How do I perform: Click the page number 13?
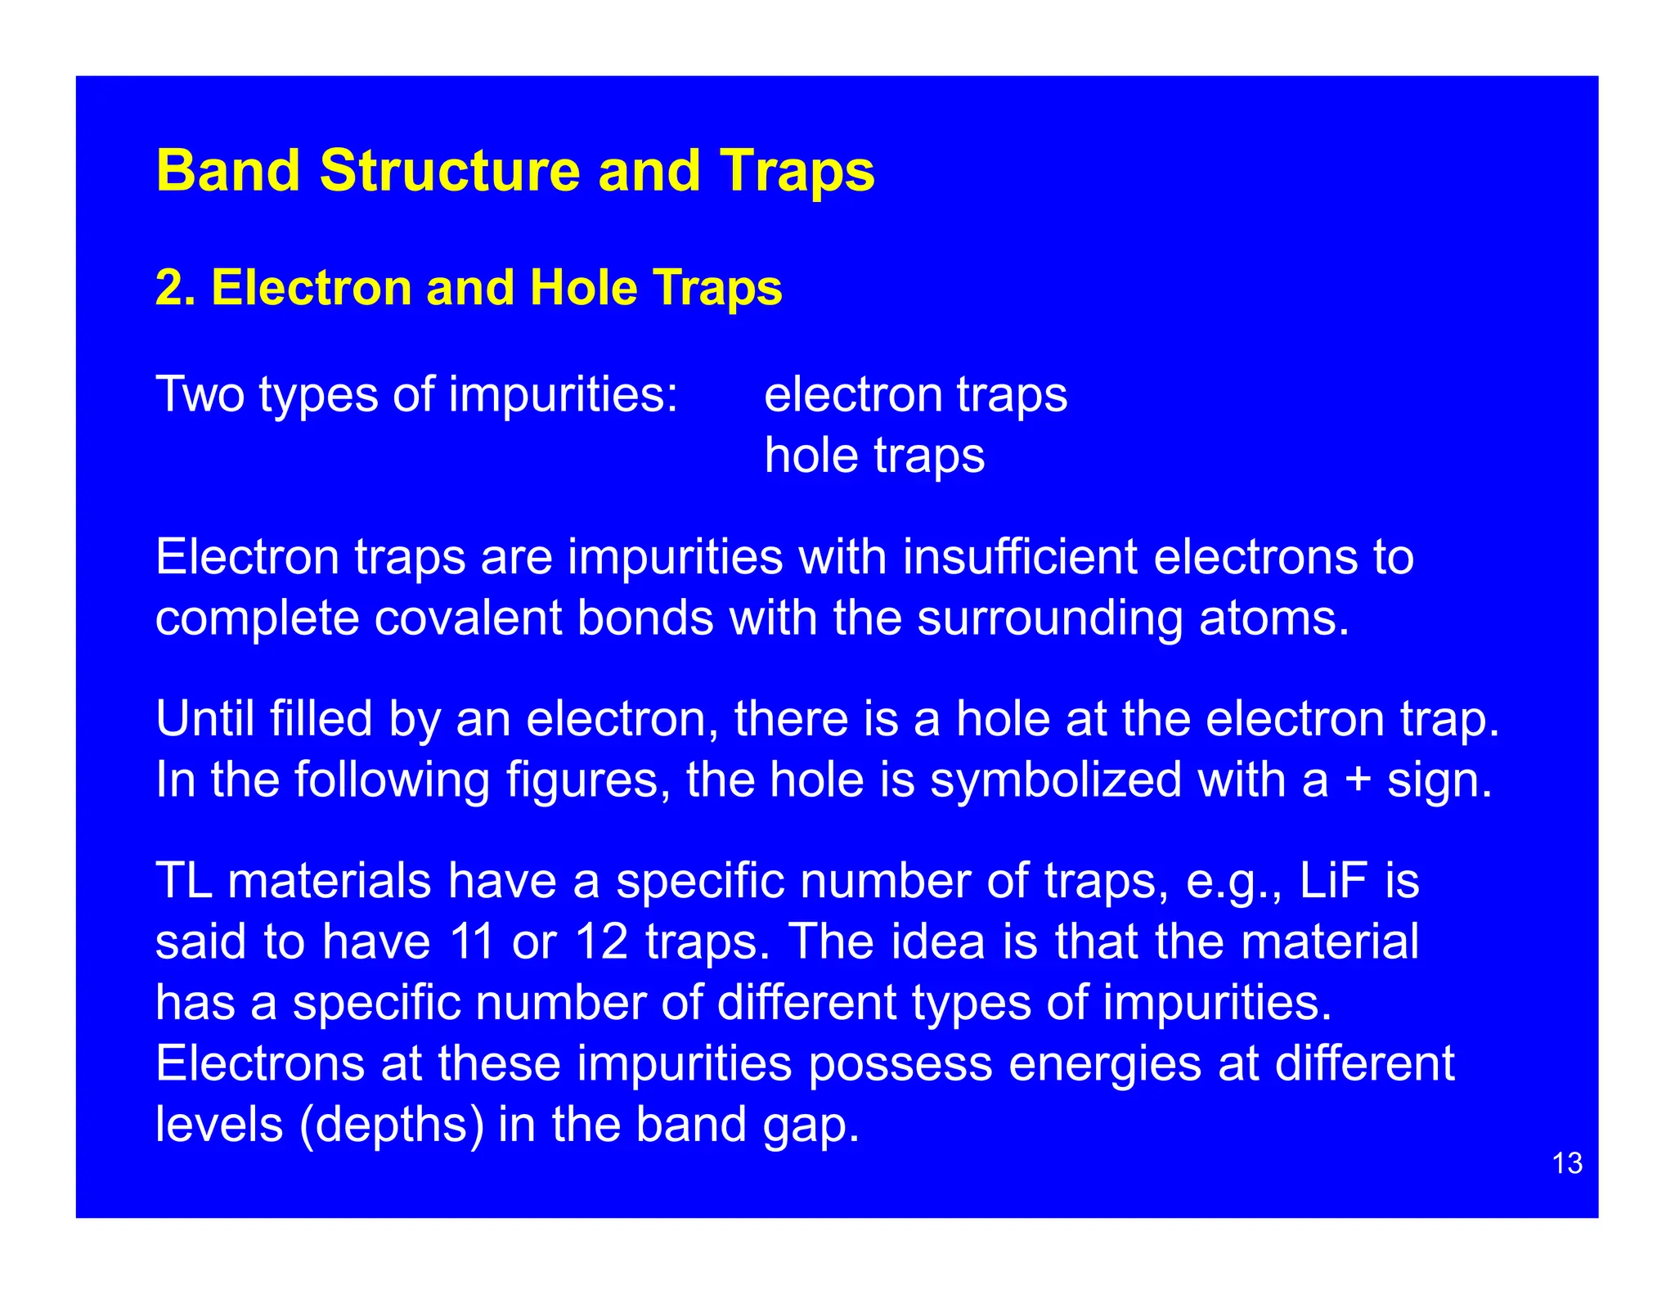1566,1163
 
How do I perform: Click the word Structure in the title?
450,171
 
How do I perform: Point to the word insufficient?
1019,557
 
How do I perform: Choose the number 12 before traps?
602,941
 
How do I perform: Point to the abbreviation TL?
184,881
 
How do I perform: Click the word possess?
900,1064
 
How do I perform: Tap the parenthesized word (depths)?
393,1125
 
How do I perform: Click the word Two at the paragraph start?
200,395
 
